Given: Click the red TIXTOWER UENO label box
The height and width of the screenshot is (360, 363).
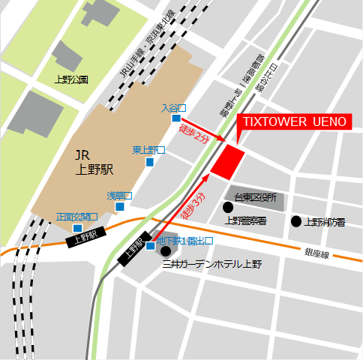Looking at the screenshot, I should (x=292, y=121).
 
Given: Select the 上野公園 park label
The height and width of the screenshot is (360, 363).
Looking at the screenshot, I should (x=72, y=79).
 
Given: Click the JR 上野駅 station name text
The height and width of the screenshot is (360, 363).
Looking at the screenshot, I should (x=94, y=162).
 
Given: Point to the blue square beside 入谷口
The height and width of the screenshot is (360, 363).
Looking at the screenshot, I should (x=175, y=118).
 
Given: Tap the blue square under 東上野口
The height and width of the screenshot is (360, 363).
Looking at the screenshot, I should (x=150, y=161).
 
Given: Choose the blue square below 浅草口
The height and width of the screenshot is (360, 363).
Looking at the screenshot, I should (x=119, y=206).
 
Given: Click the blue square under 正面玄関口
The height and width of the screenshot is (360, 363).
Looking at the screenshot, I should (x=77, y=228).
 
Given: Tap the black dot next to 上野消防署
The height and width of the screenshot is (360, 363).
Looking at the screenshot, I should (x=296, y=221).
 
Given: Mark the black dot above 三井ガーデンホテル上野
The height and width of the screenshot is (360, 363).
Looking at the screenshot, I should (x=166, y=250).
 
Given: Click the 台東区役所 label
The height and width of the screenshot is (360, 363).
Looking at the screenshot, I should (x=255, y=198).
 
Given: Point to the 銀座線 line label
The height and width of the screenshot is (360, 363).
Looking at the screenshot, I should (x=317, y=254).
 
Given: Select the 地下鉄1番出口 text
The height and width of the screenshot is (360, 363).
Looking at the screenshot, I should (x=185, y=241).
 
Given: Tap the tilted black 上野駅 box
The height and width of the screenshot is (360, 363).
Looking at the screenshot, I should (x=133, y=251).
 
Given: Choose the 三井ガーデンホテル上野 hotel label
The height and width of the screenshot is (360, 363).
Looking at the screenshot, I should (x=212, y=264).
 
